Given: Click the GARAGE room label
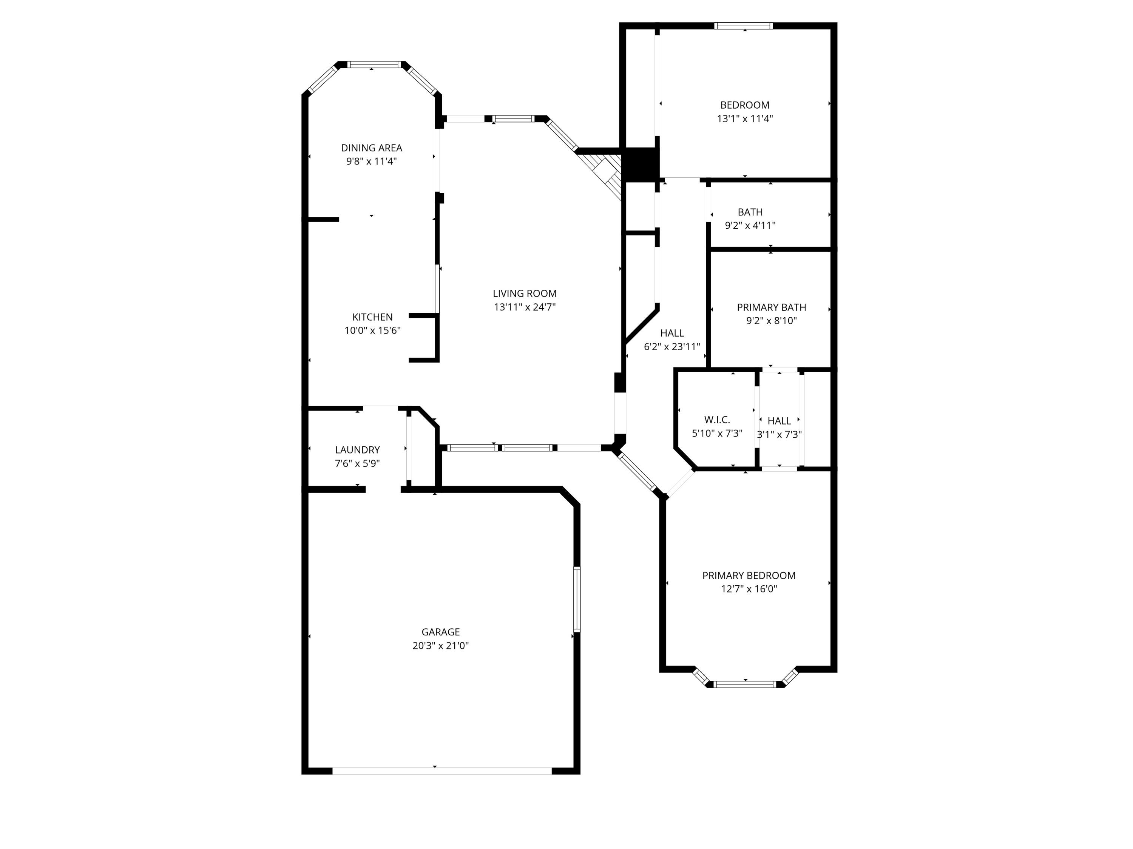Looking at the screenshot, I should (x=440, y=632).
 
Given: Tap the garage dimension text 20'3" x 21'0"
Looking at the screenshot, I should (x=440, y=645).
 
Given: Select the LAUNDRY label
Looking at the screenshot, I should (x=357, y=449).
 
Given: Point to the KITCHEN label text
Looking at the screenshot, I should (x=372, y=317).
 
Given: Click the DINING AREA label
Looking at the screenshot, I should (x=371, y=148).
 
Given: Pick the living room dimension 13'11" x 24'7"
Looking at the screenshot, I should (x=525, y=307).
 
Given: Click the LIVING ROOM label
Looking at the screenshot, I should (x=525, y=293).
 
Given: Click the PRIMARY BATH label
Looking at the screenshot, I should (x=771, y=307).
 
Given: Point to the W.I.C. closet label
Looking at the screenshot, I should (x=716, y=420).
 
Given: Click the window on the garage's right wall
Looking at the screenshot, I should (x=577, y=599).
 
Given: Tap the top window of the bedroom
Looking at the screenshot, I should (x=743, y=26).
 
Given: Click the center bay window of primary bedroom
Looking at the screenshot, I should (x=745, y=684).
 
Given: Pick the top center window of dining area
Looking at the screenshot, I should (x=374, y=65).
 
